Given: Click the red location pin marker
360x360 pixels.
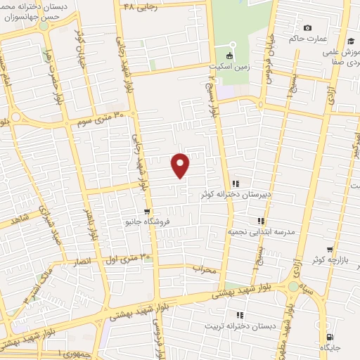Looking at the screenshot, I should pos(181,165).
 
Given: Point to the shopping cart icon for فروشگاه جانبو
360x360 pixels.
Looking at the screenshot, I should pos(146,211).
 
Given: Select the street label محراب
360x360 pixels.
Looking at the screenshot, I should pos(206,269).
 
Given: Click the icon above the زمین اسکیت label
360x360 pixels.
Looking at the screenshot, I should pos(230,56).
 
